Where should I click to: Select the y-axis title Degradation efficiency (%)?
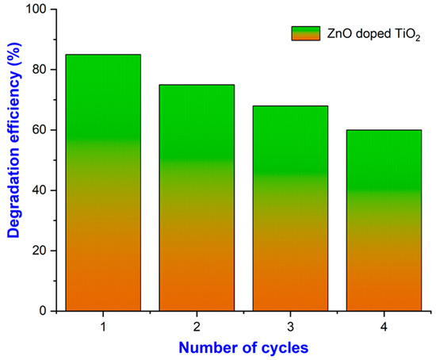tap(14, 159)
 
